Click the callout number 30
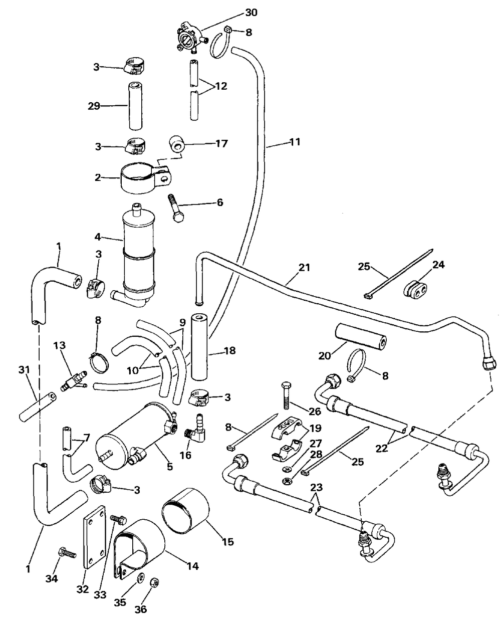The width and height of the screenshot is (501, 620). pyautogui.click(x=252, y=13)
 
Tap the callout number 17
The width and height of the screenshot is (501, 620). pyautogui.click(x=221, y=143)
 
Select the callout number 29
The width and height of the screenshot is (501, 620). pyautogui.click(x=94, y=106)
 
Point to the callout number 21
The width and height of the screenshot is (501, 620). pyautogui.click(x=304, y=267)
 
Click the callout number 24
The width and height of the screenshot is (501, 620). pyautogui.click(x=439, y=265)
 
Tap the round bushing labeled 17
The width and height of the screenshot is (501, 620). pyautogui.click(x=177, y=143)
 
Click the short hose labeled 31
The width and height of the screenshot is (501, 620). pyautogui.click(x=38, y=406)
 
